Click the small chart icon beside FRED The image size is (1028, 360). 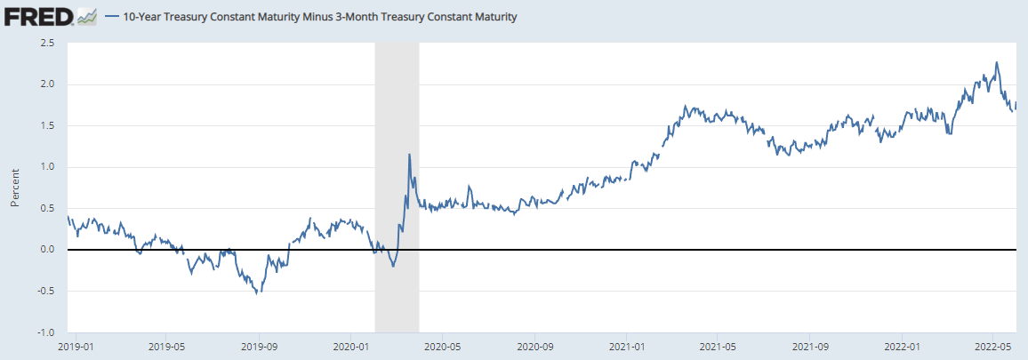87,17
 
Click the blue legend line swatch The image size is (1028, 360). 112,17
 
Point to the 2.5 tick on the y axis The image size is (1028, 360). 49,43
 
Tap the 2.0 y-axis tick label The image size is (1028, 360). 49,84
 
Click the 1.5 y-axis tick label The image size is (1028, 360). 49,125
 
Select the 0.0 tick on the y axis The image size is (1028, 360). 49,250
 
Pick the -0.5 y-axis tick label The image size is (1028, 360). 47,291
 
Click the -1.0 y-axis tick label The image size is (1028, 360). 47,332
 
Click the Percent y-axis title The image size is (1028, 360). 15,188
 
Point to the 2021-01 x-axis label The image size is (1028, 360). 628,346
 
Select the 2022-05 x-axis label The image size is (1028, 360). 995,346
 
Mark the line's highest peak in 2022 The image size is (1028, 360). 997,62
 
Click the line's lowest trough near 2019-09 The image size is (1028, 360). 259,293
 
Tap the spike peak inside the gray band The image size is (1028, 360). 409,155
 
